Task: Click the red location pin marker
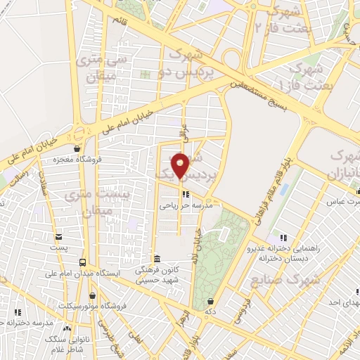(x=181, y=165)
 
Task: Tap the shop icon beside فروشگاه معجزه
(x=77, y=148)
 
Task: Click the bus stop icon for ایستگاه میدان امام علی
(x=83, y=263)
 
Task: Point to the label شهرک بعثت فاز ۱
(x=304, y=76)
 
